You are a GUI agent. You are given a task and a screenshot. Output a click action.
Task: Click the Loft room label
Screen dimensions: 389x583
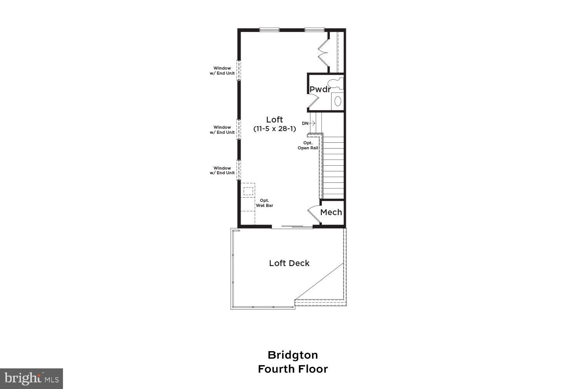[x=274, y=119]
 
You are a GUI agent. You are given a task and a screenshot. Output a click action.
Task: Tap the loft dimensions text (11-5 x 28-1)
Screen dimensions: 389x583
[x=274, y=129]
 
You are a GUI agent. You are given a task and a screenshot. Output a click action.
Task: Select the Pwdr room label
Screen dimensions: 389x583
[x=319, y=89]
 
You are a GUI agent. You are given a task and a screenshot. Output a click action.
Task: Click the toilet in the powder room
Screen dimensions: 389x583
[x=335, y=82]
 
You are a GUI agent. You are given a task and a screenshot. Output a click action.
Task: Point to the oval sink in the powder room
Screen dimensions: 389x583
[x=338, y=101]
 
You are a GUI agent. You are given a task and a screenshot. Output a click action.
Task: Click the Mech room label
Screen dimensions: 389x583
[x=331, y=212]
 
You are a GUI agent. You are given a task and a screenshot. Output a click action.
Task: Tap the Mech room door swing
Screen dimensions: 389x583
[x=313, y=213]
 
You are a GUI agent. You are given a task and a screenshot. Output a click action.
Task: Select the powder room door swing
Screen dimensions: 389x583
[x=313, y=102]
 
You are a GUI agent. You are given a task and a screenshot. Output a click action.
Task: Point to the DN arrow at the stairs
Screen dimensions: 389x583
[x=309, y=123]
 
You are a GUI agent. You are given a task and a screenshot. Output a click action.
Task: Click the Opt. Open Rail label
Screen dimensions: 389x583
[x=308, y=145]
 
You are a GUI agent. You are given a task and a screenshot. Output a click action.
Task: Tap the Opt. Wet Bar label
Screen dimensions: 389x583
[x=264, y=203]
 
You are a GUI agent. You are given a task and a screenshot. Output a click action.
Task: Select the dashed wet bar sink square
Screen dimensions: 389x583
[x=248, y=191]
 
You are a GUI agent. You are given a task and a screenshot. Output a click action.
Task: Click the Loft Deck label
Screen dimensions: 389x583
[x=289, y=263]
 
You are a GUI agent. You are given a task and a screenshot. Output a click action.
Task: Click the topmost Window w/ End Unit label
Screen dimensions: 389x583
[x=222, y=71]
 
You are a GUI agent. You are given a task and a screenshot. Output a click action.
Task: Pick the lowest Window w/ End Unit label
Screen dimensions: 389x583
[x=222, y=170]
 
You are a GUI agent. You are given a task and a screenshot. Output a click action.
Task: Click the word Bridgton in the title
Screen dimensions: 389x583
[x=293, y=355]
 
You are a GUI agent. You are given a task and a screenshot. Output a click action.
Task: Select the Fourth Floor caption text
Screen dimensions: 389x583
[x=293, y=369]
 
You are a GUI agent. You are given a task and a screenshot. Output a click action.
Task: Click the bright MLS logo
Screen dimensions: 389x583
[x=31, y=378]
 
